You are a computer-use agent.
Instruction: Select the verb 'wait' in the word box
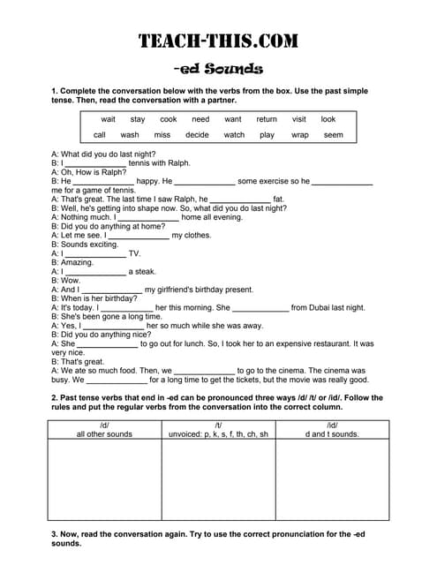tap(108, 119)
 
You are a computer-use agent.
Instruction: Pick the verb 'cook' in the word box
tap(168, 119)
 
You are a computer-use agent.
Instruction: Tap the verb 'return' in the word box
tap(266, 119)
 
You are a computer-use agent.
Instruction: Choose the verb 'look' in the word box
tap(328, 119)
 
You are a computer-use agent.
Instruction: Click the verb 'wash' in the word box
tap(130, 135)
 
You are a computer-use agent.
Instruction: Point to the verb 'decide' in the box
tap(197, 135)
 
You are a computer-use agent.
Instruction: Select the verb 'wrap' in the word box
tap(299, 135)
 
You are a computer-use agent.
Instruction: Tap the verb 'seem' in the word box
tap(333, 135)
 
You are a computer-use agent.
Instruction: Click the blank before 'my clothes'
tap(138, 237)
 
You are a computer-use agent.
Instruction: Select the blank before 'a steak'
tap(95, 272)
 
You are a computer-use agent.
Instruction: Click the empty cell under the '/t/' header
tap(218, 480)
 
